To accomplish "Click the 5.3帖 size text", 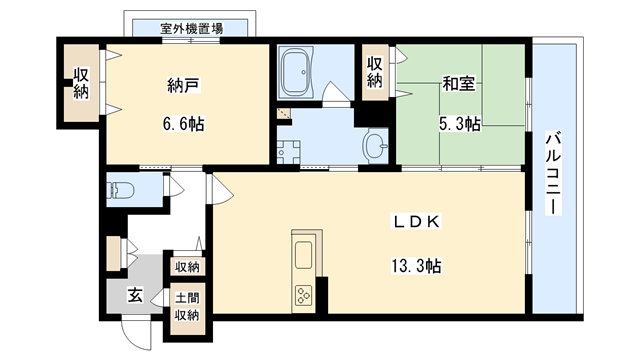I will click(459, 124).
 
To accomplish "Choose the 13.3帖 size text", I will click(417, 266).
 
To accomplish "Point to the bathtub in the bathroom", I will click(297, 71).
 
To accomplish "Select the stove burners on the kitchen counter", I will click(303, 295).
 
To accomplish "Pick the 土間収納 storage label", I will click(187, 306).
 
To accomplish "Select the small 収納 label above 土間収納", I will click(187, 267).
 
